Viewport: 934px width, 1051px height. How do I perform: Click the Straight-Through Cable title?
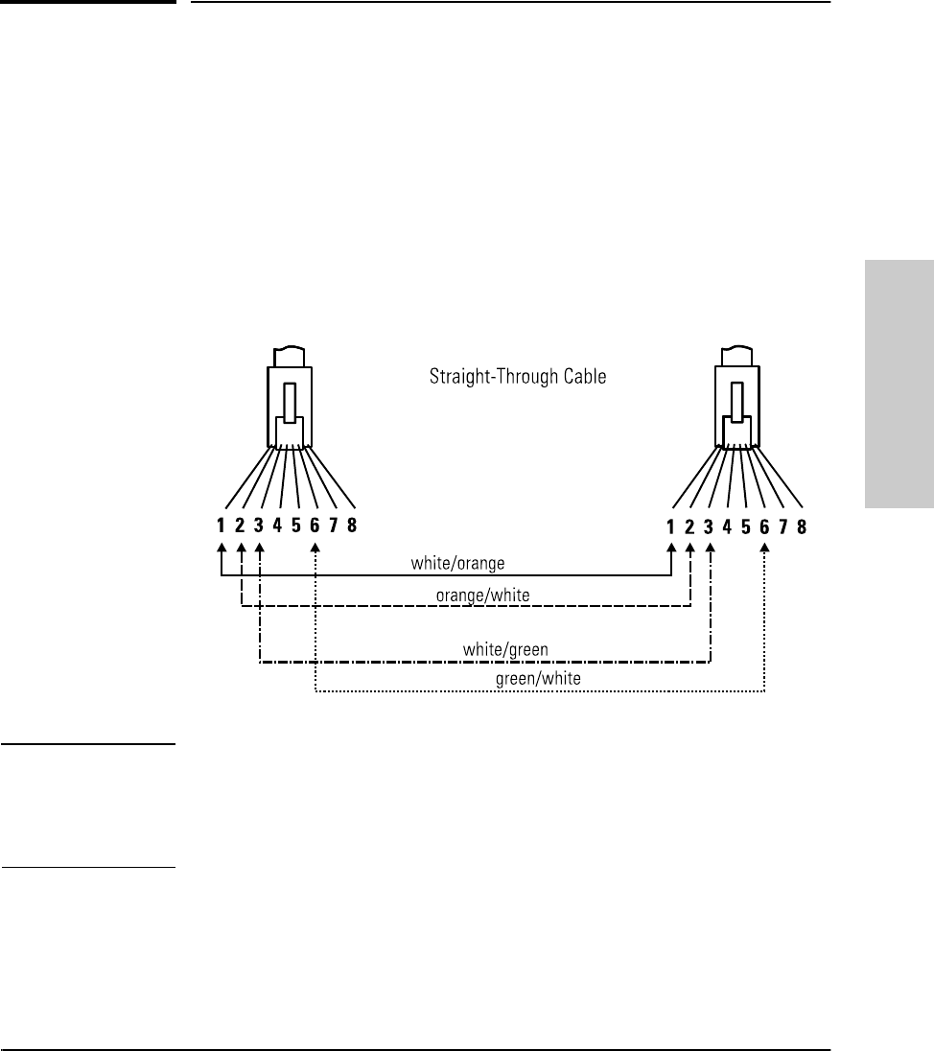pos(517,377)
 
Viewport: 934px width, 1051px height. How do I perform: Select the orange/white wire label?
pos(482,596)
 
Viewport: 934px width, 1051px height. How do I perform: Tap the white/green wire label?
pos(505,649)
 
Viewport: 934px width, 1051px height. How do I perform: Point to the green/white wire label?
pos(538,678)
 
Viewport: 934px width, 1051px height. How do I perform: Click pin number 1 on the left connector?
pos(222,525)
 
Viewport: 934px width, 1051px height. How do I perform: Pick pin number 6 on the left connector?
pos(315,525)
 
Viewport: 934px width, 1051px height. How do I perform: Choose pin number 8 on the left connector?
pos(352,525)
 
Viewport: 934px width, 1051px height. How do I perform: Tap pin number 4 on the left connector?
pos(278,525)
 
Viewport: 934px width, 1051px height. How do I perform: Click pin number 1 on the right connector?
pos(670,525)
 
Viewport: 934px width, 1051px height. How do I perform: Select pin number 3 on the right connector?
pos(709,525)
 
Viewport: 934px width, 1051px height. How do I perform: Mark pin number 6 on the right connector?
pos(764,525)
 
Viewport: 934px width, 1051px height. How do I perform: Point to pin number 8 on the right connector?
pos(801,525)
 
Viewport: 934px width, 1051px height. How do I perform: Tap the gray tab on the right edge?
pos(899,384)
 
